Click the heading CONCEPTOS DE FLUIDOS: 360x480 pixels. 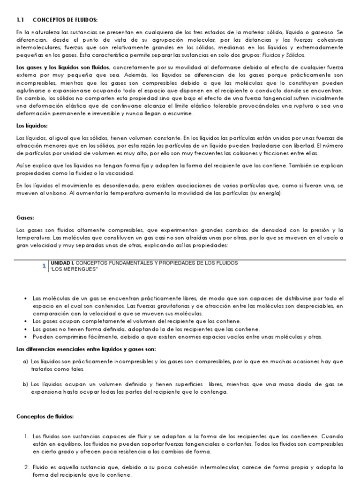pos(65,20)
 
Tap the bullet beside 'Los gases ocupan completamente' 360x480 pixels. pos(25,321)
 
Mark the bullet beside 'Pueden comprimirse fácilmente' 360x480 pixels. pos(25,337)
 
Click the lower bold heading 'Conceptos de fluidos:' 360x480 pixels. pos(45,416)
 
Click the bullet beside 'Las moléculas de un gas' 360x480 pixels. pos(25,299)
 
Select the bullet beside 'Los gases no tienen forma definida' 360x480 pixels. pos(25,329)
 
